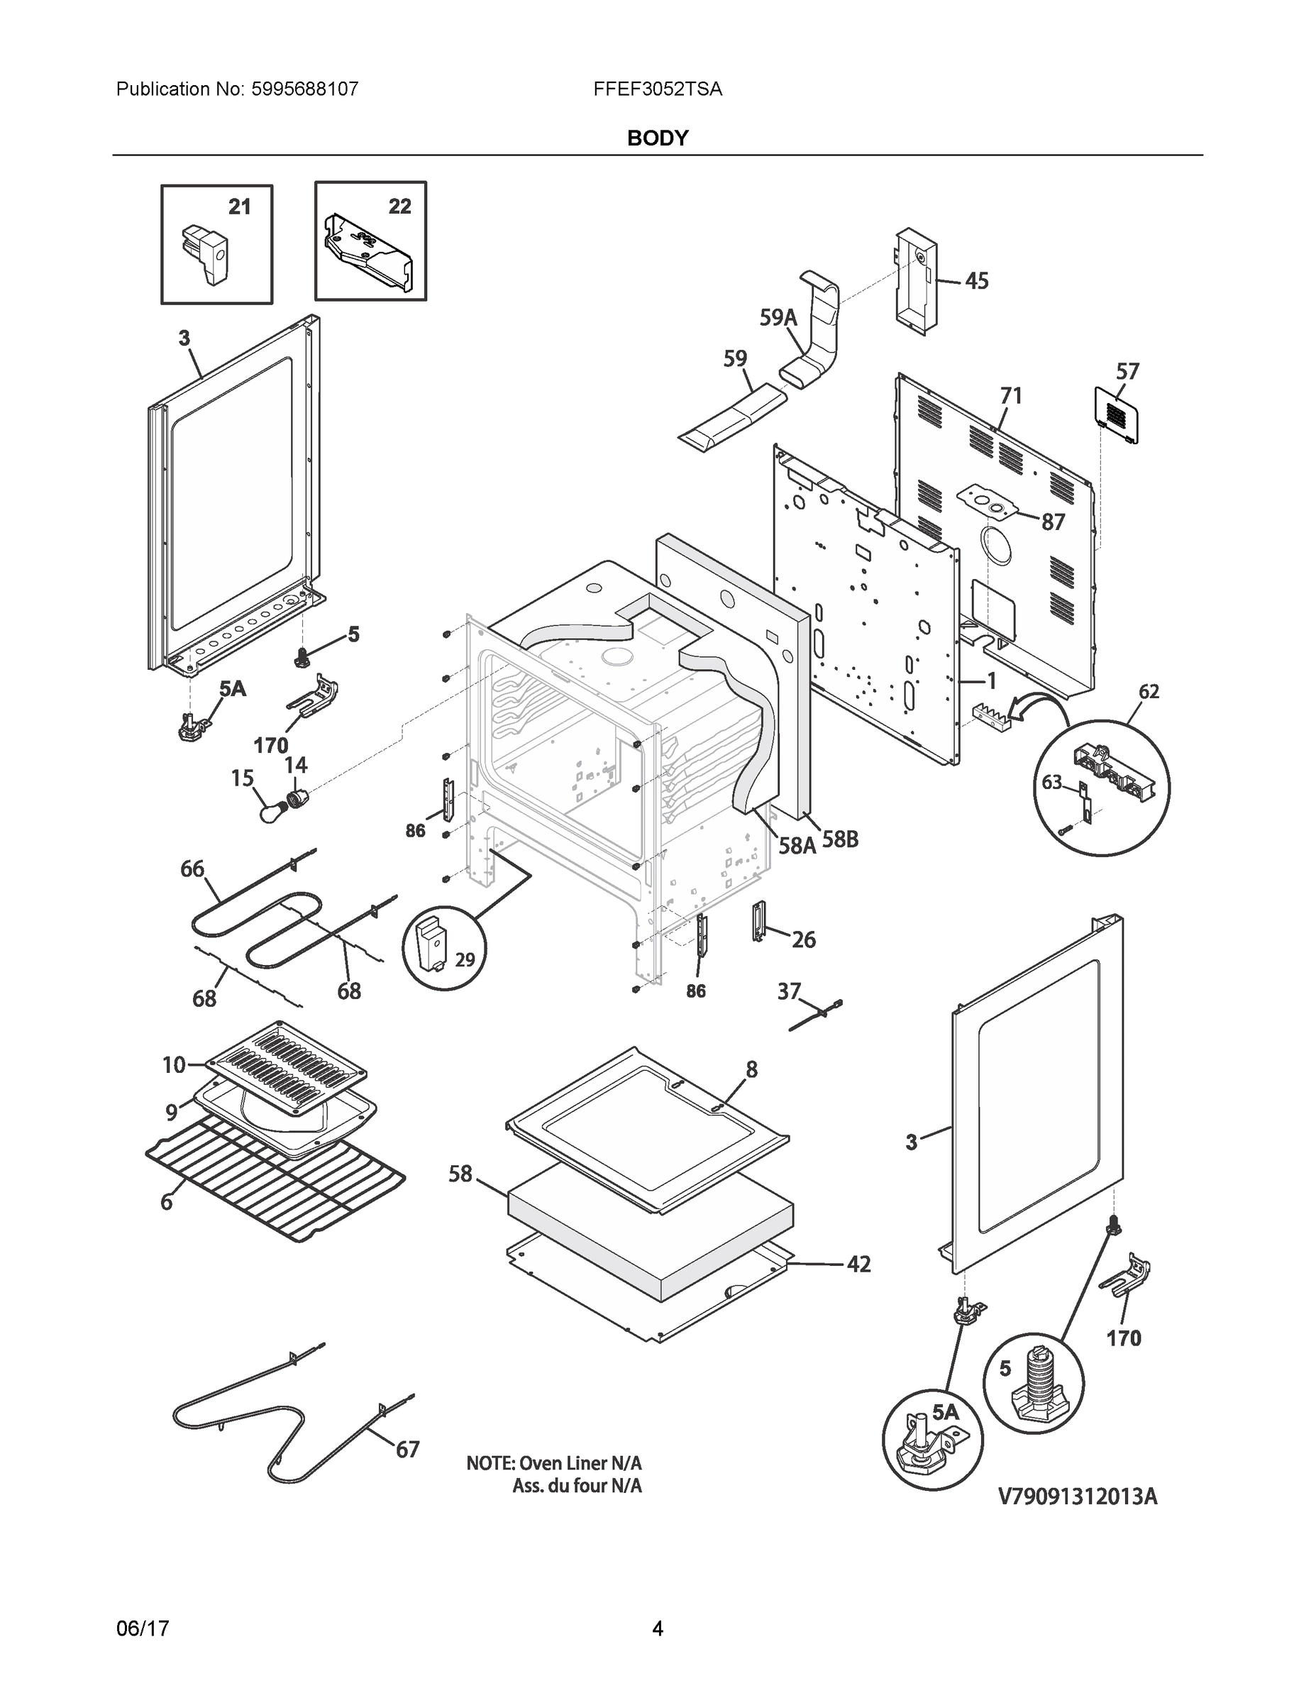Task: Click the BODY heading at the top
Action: [x=657, y=138]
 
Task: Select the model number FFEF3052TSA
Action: [x=657, y=89]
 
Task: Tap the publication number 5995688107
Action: [x=304, y=89]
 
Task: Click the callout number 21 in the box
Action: [x=239, y=206]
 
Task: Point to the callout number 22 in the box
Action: [x=399, y=206]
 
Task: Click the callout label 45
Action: [x=976, y=281]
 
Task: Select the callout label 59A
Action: [x=778, y=317]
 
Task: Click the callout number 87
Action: [x=1053, y=522]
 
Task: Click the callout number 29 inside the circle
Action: [x=465, y=959]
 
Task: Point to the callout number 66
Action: [x=192, y=869]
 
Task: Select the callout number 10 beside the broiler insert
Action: [x=174, y=1064]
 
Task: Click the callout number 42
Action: [x=858, y=1264]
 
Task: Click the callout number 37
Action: [x=789, y=991]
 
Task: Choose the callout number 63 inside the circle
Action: [x=1051, y=781]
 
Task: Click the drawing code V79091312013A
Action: [x=1078, y=1497]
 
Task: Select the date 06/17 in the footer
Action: [x=143, y=1628]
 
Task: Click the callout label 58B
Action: [x=841, y=840]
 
